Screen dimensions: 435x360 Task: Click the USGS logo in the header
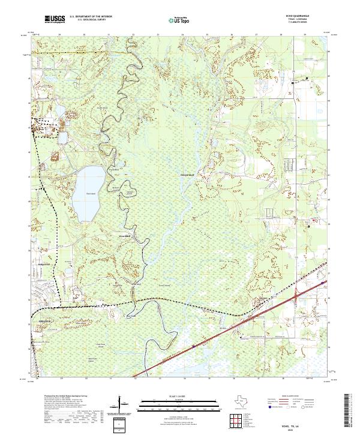(53, 19)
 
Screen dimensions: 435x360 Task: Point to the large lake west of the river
(86, 192)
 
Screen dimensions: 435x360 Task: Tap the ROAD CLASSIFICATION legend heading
(293, 397)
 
